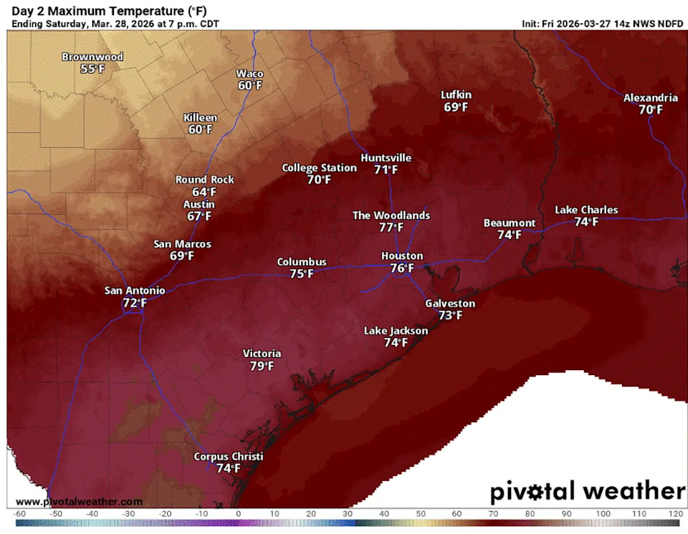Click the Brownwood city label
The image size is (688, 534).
click(x=92, y=57)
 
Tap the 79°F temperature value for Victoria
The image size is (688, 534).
click(x=262, y=366)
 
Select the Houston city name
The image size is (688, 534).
click(x=402, y=256)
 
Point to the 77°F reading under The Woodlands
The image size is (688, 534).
click(x=391, y=228)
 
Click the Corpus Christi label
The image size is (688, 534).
click(x=229, y=457)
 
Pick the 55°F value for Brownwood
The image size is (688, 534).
click(x=92, y=69)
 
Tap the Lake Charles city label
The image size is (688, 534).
click(x=586, y=210)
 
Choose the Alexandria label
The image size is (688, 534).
click(x=651, y=97)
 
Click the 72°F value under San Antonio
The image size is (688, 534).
click(x=135, y=304)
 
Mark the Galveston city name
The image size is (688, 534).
click(x=450, y=303)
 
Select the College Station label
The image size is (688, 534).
click(x=319, y=168)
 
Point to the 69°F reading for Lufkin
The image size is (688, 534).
click(x=456, y=107)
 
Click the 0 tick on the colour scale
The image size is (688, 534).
click(x=238, y=513)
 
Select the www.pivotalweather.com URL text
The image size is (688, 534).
click(x=79, y=502)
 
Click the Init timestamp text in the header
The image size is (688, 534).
click(x=602, y=24)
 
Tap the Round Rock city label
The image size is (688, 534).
click(x=205, y=180)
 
